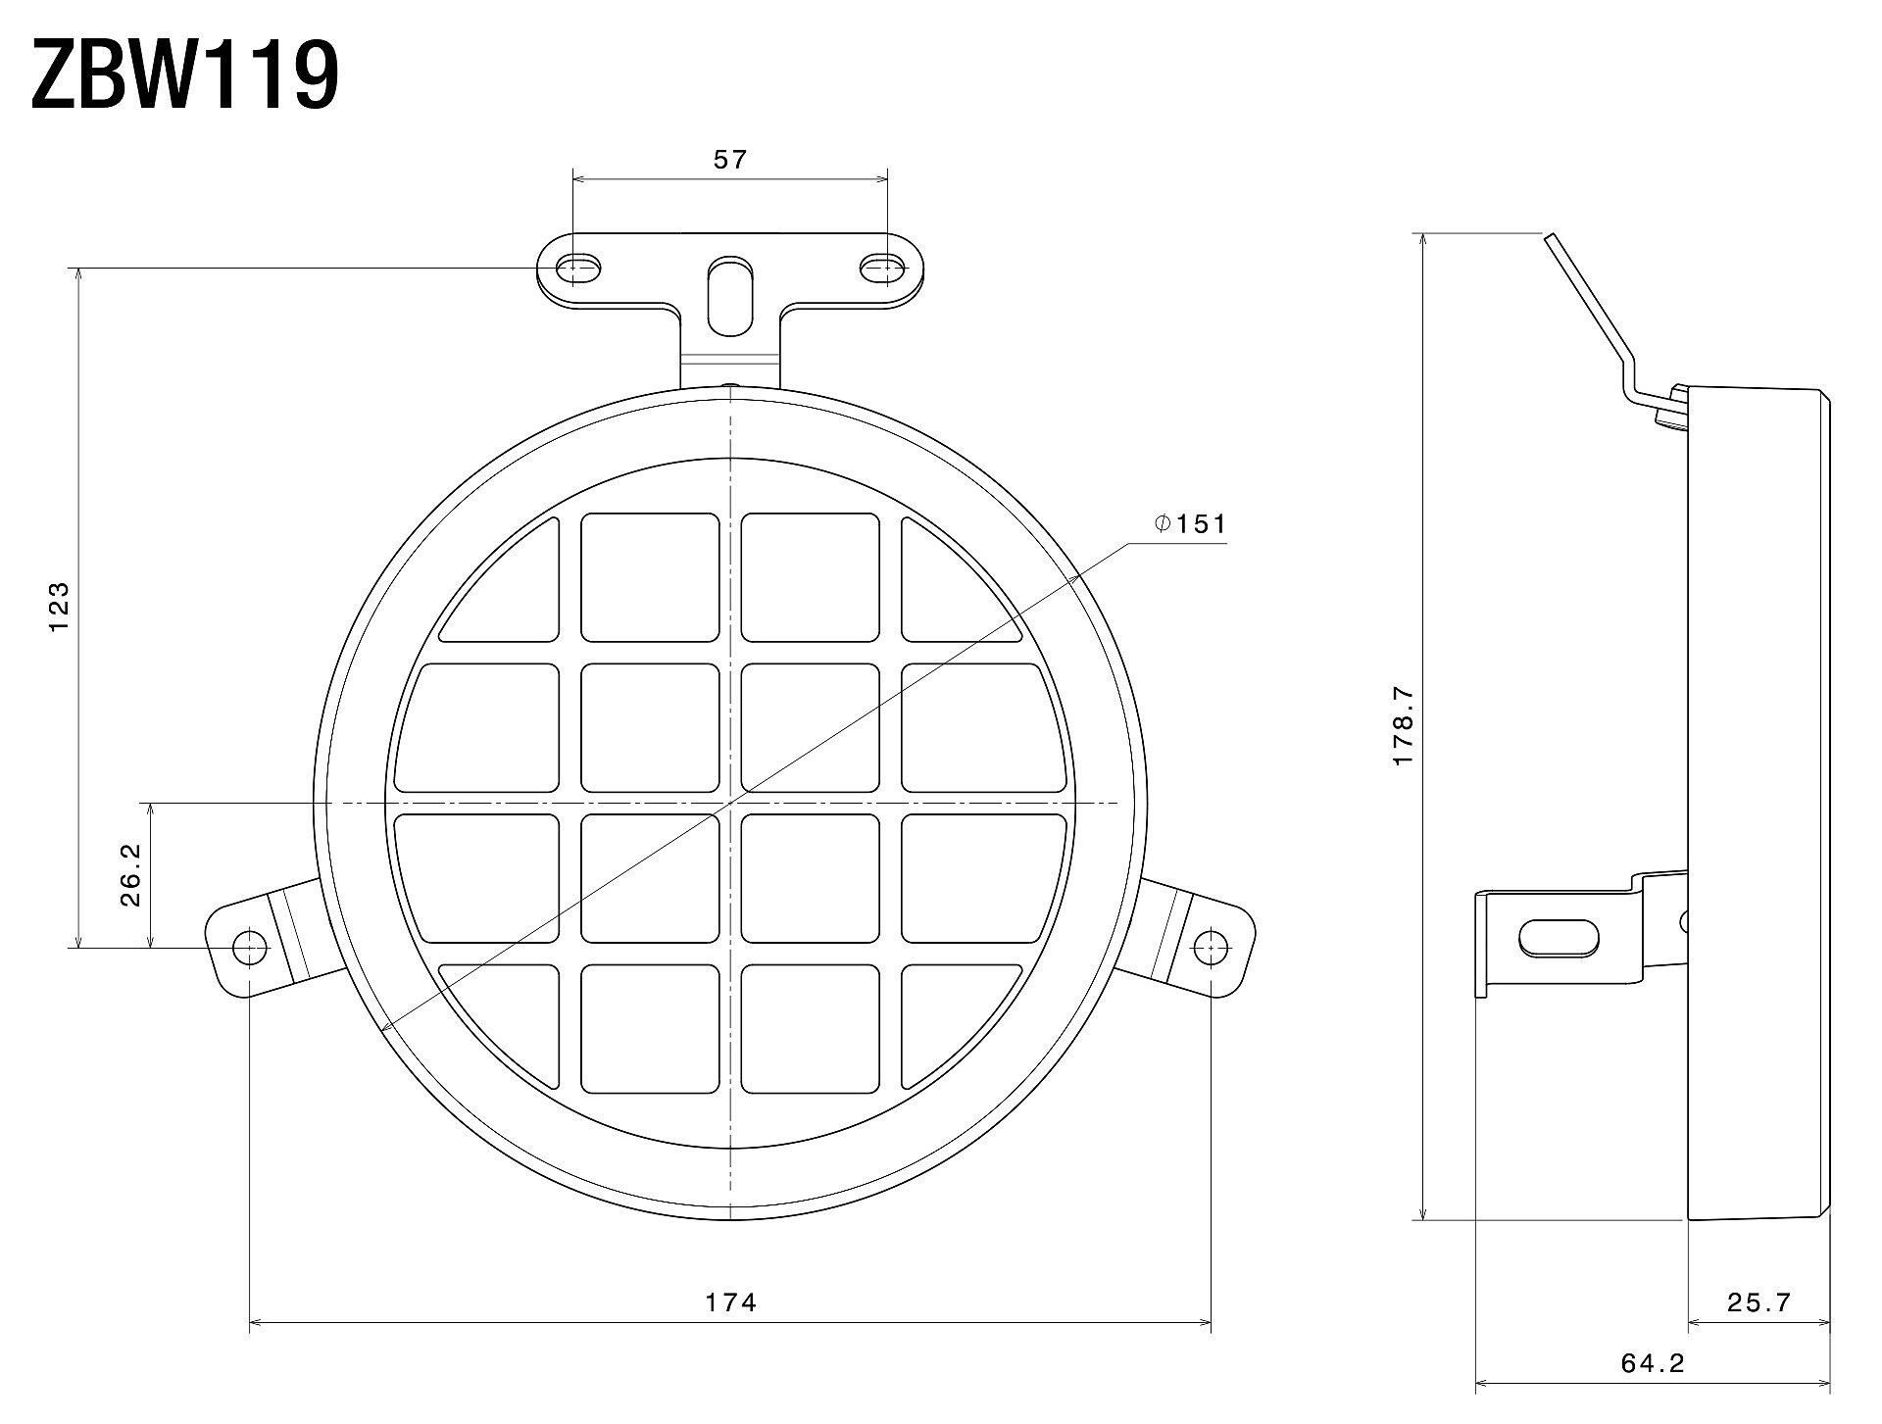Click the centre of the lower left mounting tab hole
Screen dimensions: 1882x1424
tap(250, 947)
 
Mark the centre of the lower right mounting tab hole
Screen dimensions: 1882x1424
tap(1212, 947)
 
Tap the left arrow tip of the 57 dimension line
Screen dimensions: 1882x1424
tap(573, 179)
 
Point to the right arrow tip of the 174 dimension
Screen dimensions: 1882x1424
tap(1212, 1323)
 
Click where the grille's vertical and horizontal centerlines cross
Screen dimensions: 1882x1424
tap(730, 804)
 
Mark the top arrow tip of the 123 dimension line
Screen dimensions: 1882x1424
tap(77, 268)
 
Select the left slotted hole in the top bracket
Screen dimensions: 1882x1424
tap(579, 268)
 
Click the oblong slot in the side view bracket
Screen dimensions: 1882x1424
tap(1559, 938)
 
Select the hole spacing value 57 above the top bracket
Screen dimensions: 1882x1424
tap(730, 159)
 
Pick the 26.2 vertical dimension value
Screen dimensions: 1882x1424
tap(131, 875)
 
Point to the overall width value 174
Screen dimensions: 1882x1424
tap(731, 1302)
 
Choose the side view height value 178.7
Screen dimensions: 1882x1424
tap(1403, 726)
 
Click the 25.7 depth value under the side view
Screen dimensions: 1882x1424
tap(1758, 1302)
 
